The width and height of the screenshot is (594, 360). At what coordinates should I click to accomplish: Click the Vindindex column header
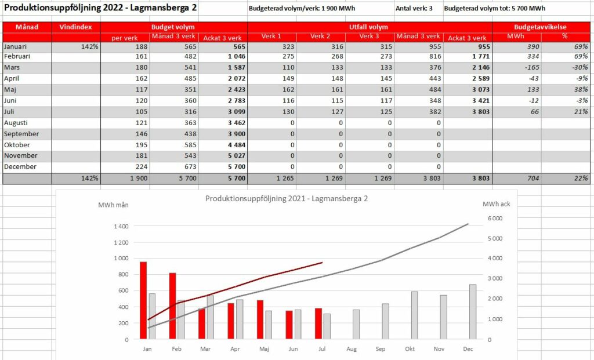point(76,27)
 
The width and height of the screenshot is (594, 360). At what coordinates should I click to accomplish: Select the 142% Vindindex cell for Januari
point(89,46)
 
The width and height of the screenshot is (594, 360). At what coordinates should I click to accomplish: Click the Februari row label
point(17,56)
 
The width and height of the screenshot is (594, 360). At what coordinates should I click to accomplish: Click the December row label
point(20,166)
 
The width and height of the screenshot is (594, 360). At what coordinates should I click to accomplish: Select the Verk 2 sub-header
point(320,37)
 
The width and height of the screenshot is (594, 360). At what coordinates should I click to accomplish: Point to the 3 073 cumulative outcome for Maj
point(481,90)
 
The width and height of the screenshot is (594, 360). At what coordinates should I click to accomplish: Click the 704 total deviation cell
point(533,179)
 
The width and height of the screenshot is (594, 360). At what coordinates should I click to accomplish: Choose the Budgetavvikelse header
point(540,27)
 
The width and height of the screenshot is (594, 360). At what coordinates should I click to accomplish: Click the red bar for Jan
point(143,300)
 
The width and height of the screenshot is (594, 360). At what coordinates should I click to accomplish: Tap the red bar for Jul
point(318,323)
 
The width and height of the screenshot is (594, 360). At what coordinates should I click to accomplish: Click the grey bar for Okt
point(414,315)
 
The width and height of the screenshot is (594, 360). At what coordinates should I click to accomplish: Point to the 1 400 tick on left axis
point(121,226)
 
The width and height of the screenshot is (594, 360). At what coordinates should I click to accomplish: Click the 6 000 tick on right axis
point(495,219)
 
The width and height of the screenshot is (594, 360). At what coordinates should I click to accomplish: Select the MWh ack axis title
point(497,204)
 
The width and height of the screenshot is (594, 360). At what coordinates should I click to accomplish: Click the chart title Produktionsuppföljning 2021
point(287,199)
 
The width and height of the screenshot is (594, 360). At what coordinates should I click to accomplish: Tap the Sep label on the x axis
point(381,349)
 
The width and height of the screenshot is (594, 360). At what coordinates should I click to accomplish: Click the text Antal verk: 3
point(414,8)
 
